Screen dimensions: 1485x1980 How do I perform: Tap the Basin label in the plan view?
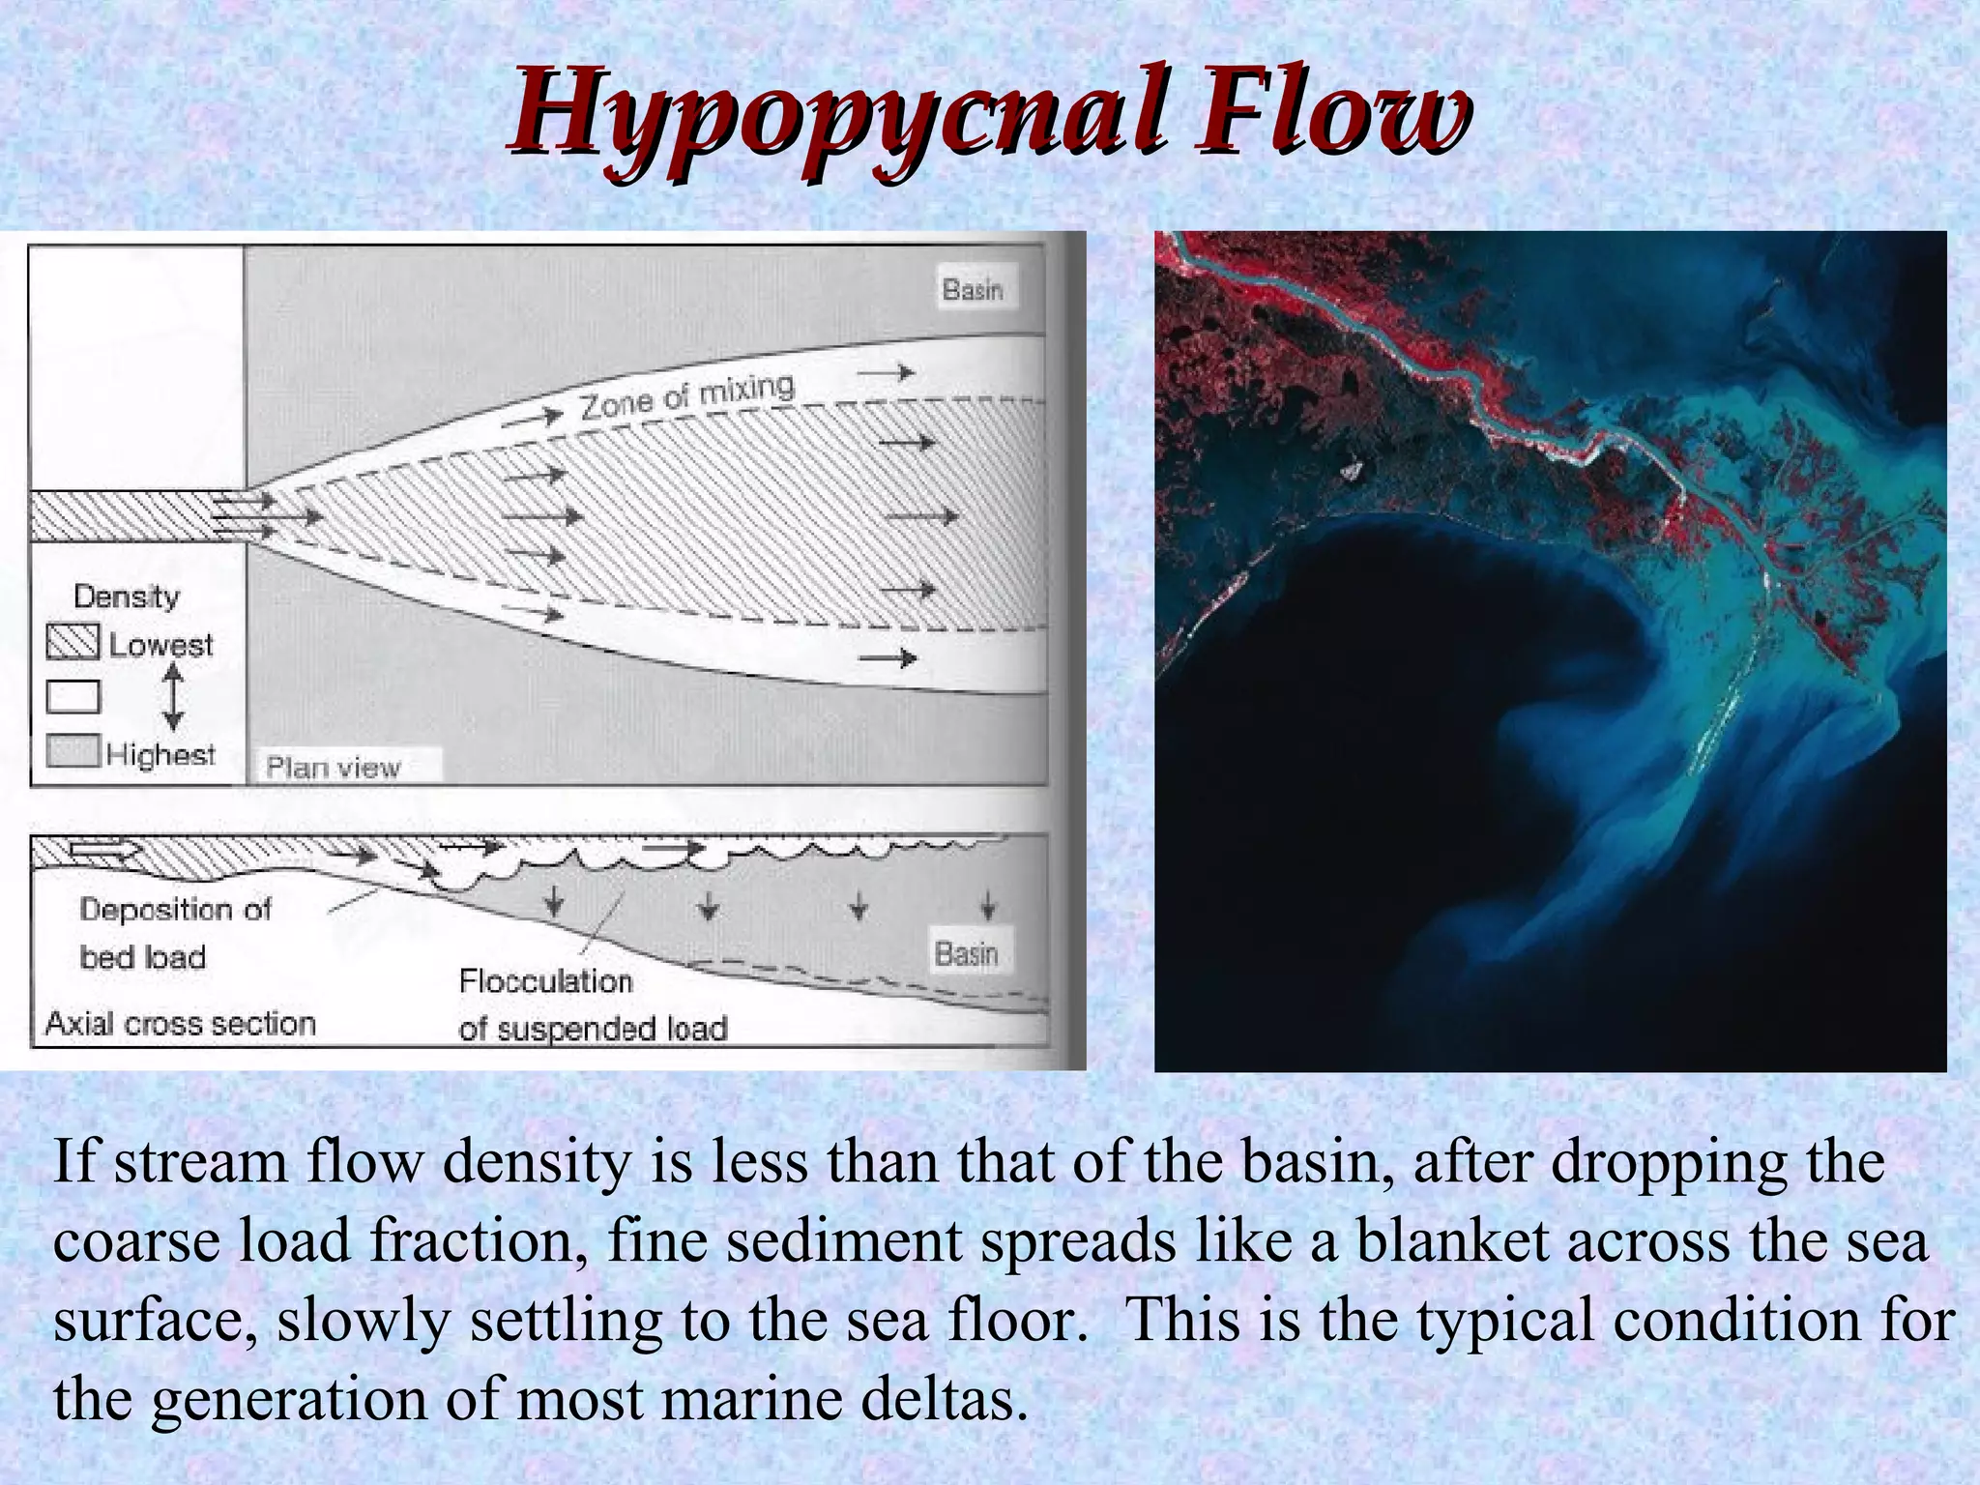pos(974,289)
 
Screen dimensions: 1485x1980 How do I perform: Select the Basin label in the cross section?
pos(966,953)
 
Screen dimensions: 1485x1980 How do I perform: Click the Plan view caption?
pos(333,768)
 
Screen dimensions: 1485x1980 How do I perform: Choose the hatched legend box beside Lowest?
pos(73,642)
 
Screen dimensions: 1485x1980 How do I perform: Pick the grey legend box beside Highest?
pos(73,751)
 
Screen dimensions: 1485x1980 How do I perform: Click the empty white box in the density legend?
pos(73,696)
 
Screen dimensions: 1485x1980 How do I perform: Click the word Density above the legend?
pos(127,597)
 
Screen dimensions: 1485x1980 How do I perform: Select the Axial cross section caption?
pos(181,1023)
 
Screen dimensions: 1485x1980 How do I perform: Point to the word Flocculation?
pos(545,981)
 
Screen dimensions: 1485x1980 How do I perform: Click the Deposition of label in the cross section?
pos(175,909)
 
